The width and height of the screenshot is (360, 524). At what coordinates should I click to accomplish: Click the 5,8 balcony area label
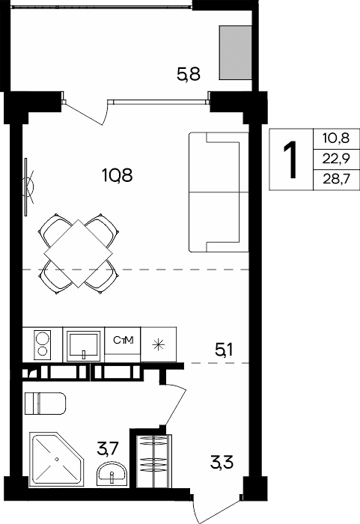[189, 74]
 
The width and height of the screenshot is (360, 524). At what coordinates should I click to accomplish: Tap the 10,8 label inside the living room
[118, 175]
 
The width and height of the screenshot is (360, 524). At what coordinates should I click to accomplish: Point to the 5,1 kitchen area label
[224, 350]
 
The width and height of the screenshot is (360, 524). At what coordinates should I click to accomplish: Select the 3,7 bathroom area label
[108, 448]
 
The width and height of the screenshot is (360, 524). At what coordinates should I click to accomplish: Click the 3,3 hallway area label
[222, 463]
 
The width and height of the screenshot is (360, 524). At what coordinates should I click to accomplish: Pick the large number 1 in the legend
[290, 159]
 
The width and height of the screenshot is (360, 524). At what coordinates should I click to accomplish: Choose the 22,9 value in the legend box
[336, 159]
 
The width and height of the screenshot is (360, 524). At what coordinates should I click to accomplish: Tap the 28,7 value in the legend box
[336, 180]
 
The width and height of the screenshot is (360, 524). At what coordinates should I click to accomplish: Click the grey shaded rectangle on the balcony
[235, 53]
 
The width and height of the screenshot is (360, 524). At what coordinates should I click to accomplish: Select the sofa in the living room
[219, 192]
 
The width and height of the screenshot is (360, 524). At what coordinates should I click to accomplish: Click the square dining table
[79, 253]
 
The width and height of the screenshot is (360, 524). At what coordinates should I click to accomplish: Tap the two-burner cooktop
[43, 344]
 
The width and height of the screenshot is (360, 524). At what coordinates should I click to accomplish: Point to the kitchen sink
[84, 346]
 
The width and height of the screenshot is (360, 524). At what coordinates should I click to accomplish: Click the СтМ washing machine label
[123, 340]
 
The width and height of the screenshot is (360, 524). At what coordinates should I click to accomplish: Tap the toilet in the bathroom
[45, 403]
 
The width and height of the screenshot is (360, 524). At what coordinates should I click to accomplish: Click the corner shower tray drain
[57, 459]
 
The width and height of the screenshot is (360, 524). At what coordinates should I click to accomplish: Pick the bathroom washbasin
[112, 474]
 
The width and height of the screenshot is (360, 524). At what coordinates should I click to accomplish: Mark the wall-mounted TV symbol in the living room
[28, 187]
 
